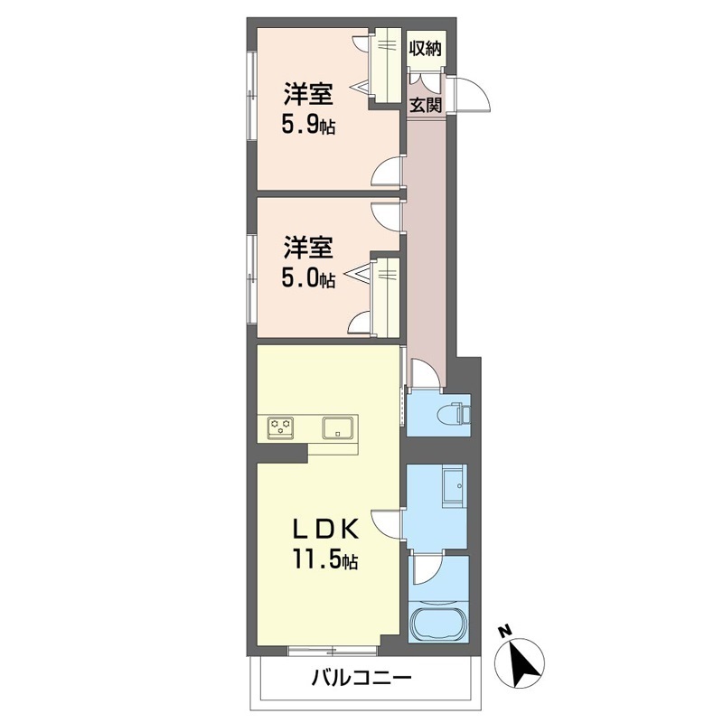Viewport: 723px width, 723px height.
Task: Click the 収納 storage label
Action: click(x=426, y=48)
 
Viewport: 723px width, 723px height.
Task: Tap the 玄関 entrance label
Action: click(x=426, y=105)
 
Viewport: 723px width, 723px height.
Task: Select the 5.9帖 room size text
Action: click(x=308, y=125)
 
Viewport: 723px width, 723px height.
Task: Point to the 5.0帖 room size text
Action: click(x=308, y=278)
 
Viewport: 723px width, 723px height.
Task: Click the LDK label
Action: click(x=326, y=531)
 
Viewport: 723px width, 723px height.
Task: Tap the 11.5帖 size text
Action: click(x=324, y=559)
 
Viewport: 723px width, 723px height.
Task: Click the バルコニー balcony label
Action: click(x=361, y=678)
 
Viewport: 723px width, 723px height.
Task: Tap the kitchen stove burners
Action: click(x=280, y=427)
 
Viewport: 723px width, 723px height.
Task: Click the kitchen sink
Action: click(x=340, y=427)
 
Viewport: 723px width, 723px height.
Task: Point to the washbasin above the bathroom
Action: click(x=455, y=486)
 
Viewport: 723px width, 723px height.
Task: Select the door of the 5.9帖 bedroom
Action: click(x=388, y=173)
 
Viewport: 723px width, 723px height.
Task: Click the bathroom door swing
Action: click(x=427, y=571)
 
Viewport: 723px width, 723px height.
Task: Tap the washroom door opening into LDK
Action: click(x=388, y=524)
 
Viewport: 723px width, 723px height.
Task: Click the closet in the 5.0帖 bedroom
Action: click(x=385, y=297)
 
